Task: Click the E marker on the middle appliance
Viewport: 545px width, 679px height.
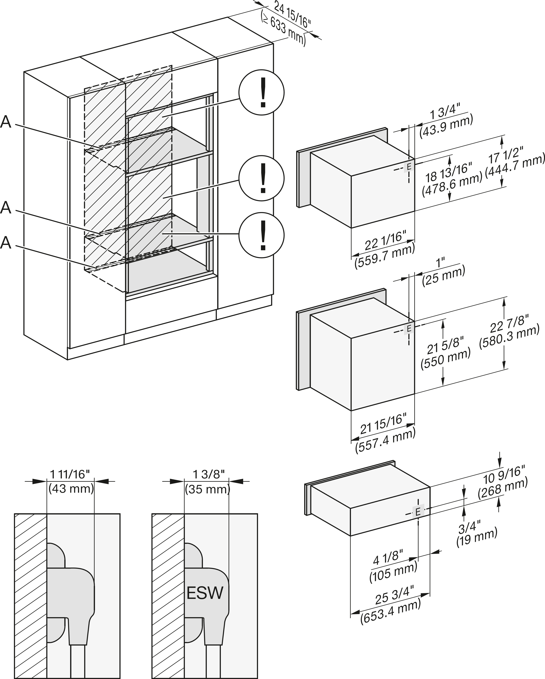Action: pyautogui.click(x=409, y=328)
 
